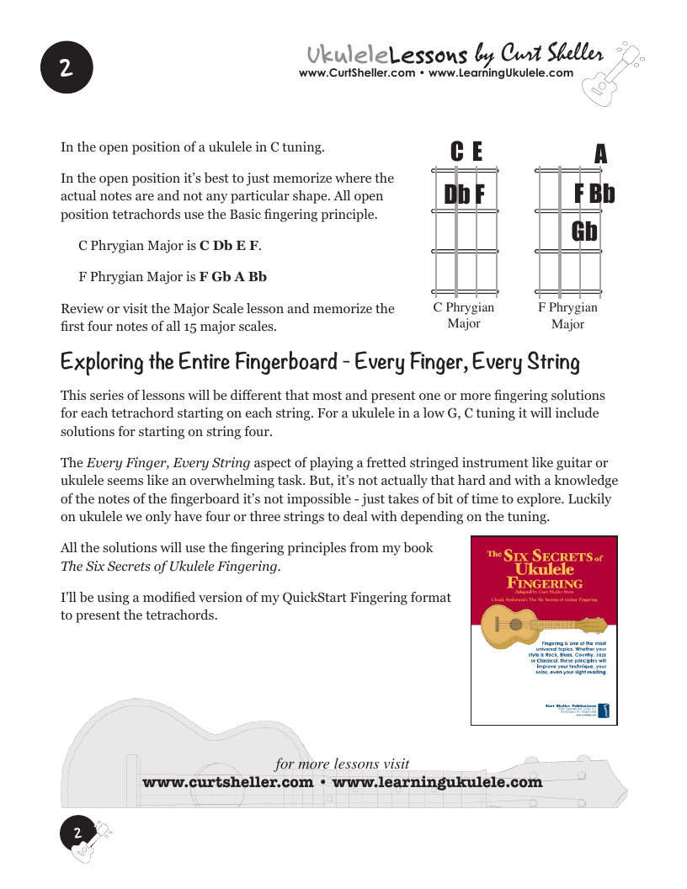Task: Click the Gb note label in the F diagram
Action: [584, 231]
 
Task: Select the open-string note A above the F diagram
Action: [600, 154]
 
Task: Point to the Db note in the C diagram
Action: [457, 194]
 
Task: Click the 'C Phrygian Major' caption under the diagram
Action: [464, 315]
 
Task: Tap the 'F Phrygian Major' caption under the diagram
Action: [567, 315]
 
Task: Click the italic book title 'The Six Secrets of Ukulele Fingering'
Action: [169, 566]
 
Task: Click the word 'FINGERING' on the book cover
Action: [544, 583]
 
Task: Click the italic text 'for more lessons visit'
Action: [342, 764]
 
